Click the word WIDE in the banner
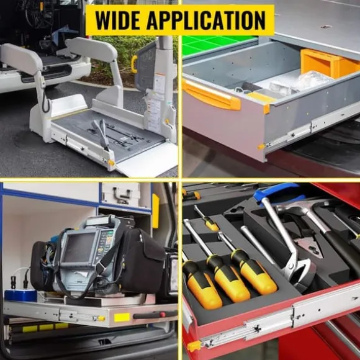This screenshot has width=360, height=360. (118, 20)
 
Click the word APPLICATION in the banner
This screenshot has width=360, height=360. (206, 20)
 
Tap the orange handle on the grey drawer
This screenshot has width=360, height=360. (211, 96)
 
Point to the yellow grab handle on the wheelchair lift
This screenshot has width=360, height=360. (134, 64)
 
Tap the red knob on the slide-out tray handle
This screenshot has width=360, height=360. (163, 314)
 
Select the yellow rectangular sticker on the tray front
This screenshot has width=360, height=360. (122, 318)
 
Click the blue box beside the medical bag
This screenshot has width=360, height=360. (20, 295)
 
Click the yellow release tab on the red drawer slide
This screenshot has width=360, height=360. (194, 346)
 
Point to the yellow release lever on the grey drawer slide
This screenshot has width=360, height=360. (261, 146)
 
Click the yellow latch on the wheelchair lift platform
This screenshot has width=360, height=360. (111, 163)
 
